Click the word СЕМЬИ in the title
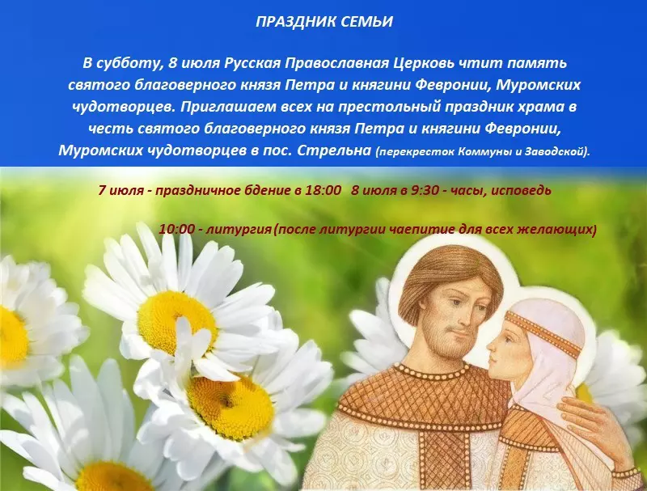click(367, 22)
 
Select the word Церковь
click(397, 62)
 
